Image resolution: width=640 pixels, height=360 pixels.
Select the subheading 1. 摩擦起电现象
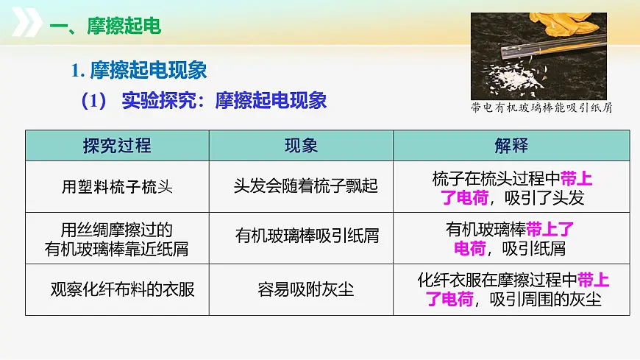pyautogui.click(x=139, y=71)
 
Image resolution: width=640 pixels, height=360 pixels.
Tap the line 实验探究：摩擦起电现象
pyautogui.click(x=224, y=101)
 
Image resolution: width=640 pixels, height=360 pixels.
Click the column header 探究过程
pyautogui.click(x=117, y=145)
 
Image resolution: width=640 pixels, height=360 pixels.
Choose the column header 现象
pyautogui.click(x=301, y=145)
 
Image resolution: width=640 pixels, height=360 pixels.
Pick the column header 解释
pyautogui.click(x=511, y=145)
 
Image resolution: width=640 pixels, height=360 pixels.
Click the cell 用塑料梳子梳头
pyautogui.click(x=117, y=186)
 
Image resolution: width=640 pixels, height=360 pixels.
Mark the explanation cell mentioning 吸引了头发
pyautogui.click(x=511, y=188)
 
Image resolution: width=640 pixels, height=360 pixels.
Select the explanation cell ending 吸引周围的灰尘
pyautogui.click(x=511, y=289)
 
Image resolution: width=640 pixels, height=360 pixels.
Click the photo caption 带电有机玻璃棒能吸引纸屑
pyautogui.click(x=541, y=108)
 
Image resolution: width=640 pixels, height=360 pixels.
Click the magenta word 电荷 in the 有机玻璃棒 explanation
pyautogui.click(x=469, y=248)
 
